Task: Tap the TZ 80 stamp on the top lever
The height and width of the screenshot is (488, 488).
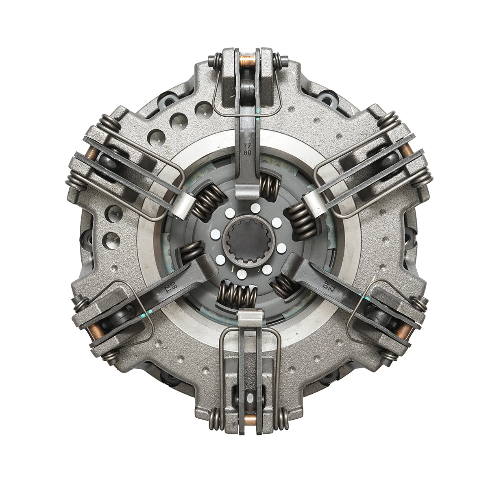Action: point(247,150)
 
